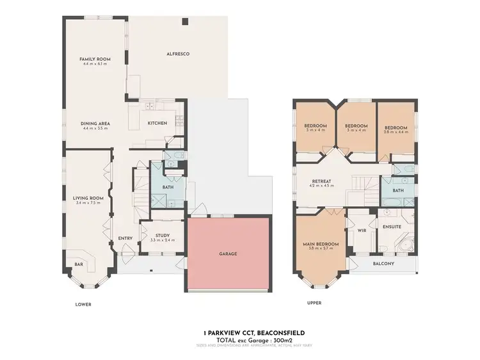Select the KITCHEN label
(x=157, y=123)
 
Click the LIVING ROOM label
(x=88, y=199)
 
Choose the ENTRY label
(x=125, y=238)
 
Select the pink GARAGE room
(x=228, y=254)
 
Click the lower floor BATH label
(x=168, y=187)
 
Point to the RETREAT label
(x=321, y=182)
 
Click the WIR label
(x=360, y=230)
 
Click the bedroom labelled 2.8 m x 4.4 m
(x=396, y=128)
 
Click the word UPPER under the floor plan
(x=314, y=302)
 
